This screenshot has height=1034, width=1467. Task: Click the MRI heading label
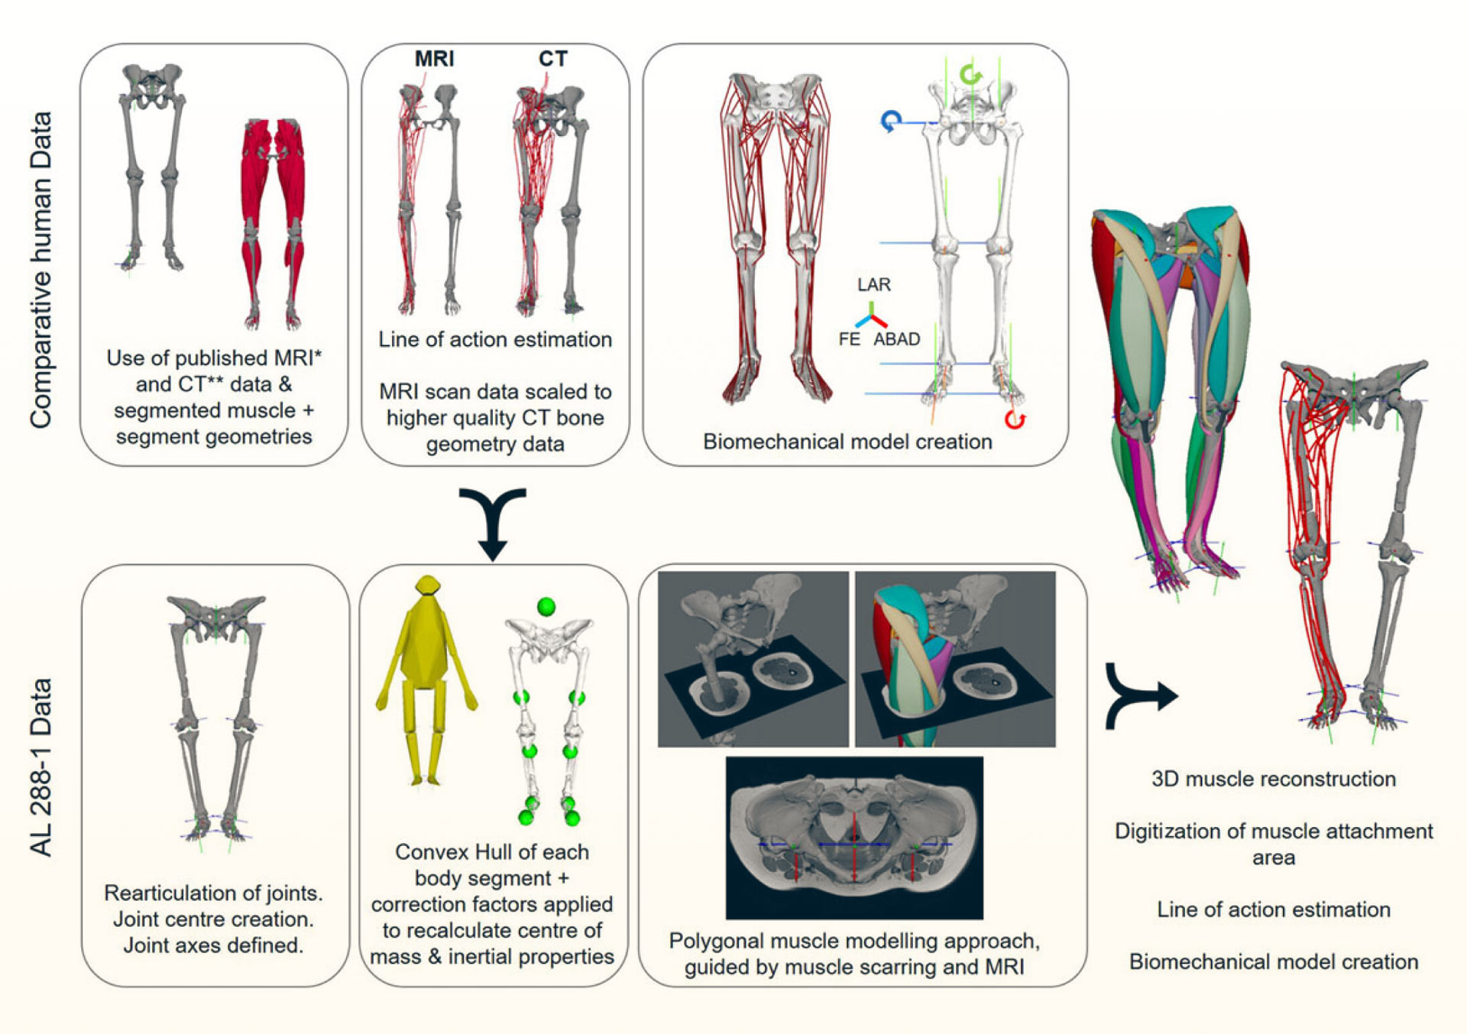click(434, 59)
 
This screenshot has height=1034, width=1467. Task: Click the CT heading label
click(552, 59)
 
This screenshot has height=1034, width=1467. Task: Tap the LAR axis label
click(873, 285)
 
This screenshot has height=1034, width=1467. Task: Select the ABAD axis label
click(896, 339)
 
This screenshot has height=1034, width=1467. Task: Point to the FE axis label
click(849, 339)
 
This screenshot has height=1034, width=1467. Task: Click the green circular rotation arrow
click(970, 75)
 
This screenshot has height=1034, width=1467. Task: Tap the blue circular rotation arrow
click(891, 121)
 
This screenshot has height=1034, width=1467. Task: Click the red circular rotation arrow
click(1015, 420)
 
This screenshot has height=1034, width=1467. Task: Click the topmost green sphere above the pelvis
click(546, 607)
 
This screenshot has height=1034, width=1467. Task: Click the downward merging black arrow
click(493, 523)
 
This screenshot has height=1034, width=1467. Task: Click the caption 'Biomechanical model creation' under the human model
click(847, 442)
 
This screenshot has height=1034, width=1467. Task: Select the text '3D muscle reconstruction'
click(1273, 779)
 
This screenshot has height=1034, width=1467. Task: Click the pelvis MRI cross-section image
click(854, 838)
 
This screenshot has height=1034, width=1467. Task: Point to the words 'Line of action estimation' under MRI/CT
click(495, 339)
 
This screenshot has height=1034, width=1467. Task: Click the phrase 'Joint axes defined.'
click(213, 945)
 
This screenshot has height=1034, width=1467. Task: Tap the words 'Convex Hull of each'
click(492, 852)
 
